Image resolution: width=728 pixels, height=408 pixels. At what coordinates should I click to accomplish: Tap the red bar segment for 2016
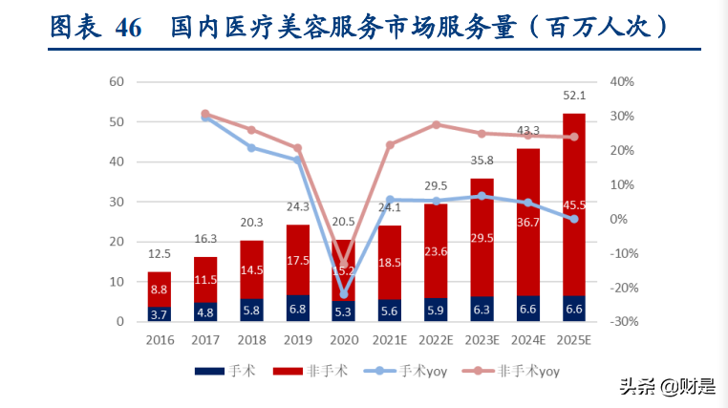[160, 290]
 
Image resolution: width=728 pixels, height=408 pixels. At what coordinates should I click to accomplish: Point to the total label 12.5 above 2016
[160, 253]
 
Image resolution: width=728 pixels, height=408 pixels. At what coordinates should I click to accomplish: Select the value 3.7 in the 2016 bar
[160, 314]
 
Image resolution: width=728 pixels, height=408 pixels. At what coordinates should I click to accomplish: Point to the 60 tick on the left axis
[118, 82]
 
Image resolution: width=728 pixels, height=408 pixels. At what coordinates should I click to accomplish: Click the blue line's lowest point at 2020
[344, 294]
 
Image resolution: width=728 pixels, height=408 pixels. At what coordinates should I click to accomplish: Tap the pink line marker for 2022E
[437, 125]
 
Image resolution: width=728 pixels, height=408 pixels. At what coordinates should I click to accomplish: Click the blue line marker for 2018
[251, 147]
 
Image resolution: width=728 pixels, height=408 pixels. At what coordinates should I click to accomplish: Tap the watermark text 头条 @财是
[667, 386]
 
